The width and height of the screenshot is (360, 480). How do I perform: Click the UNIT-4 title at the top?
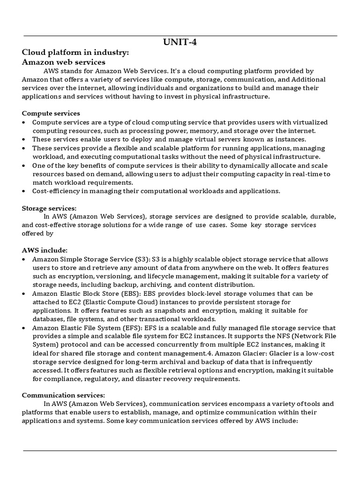pyautogui.click(x=180, y=43)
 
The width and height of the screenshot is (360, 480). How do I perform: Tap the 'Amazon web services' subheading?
pyautogui.click(x=64, y=62)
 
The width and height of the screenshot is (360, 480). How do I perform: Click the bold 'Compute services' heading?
pyautogui.click(x=51, y=113)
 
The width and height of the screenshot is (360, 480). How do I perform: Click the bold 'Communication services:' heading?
pyautogui.click(x=63, y=395)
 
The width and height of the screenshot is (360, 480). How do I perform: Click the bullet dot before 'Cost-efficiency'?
pyautogui.click(x=24, y=191)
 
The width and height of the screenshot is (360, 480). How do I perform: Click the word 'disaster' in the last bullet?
pyautogui.click(x=140, y=379)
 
